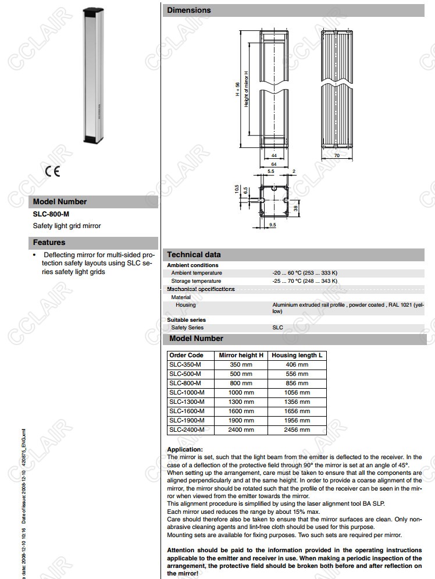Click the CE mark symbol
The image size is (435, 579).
[x=52, y=172]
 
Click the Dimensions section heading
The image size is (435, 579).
[x=189, y=10]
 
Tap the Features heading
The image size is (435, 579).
[x=49, y=243]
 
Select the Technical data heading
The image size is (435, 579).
[x=194, y=254]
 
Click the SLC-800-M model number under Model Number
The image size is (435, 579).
[x=51, y=214]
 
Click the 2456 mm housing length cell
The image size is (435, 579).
[x=297, y=430]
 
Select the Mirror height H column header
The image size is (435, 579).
[x=241, y=355]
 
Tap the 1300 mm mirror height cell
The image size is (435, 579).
[x=241, y=402]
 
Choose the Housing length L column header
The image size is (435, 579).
[x=297, y=355]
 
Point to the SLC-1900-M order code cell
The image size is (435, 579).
[x=187, y=421]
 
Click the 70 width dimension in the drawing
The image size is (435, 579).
[x=336, y=157]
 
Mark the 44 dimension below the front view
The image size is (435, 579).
[x=273, y=157]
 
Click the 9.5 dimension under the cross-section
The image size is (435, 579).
[x=272, y=224]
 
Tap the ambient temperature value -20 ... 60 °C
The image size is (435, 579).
[x=304, y=273]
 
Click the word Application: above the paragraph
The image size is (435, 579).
[x=185, y=449]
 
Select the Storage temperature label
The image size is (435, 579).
[x=196, y=281]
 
